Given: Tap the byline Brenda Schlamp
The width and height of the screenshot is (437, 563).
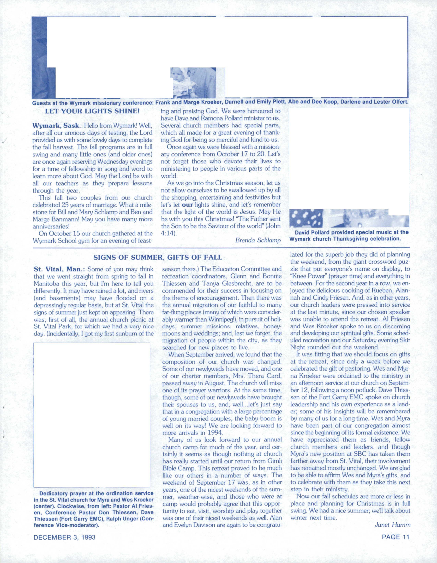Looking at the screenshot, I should point(258,240).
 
